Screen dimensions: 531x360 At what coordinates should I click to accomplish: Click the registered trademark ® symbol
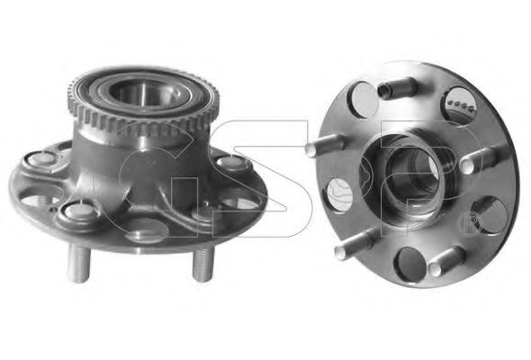tap(469, 225)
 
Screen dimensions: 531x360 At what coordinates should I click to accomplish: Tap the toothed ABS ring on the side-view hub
tap(143, 112)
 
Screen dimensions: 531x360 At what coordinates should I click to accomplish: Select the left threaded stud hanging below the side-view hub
tap(78, 263)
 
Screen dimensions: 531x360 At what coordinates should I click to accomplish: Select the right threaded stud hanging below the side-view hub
tap(203, 265)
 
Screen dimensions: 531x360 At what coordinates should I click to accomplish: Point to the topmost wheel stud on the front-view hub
tap(396, 87)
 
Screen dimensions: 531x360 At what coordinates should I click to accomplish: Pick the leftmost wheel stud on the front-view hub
tap(324, 145)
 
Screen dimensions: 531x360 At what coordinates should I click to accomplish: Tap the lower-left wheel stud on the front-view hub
tap(354, 244)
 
